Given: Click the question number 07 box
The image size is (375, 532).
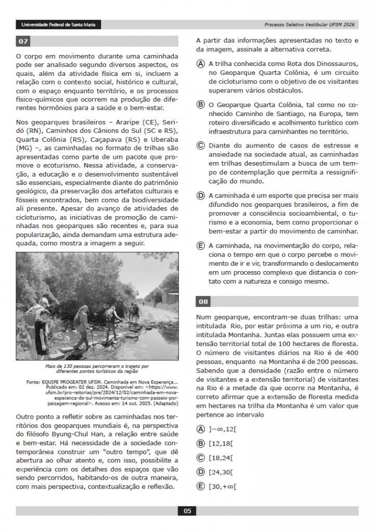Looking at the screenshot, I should (23, 41).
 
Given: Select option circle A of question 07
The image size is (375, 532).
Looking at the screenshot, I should (200, 63).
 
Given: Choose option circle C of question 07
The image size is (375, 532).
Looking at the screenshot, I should (200, 145).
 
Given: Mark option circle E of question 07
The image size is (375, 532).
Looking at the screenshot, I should (200, 245).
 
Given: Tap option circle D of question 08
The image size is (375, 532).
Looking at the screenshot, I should (200, 472).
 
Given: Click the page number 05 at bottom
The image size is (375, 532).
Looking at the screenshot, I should (187, 511).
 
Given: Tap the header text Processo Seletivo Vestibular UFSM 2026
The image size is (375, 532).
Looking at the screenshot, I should (311, 24).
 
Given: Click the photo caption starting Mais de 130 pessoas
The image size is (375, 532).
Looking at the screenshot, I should (97, 368).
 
